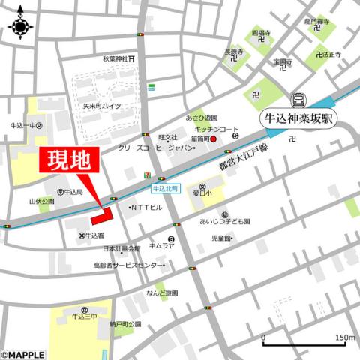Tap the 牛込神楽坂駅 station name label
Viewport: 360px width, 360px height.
click(298, 118)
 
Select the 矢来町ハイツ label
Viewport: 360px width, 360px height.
click(103, 107)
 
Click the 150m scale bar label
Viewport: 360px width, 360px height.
click(345, 337)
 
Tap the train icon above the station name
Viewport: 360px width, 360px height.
click(298, 98)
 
